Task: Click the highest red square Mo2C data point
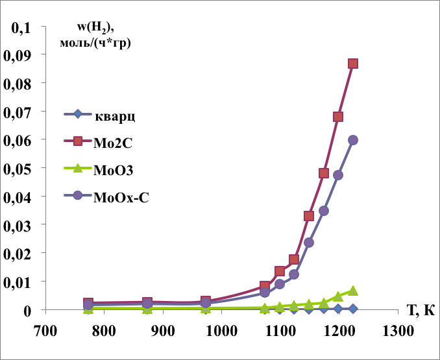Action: (x=353, y=64)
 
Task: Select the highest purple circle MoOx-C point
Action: (x=353, y=140)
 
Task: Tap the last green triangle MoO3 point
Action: (x=353, y=291)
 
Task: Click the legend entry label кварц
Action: (x=115, y=117)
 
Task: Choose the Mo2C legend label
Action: (x=113, y=143)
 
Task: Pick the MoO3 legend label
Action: (x=114, y=170)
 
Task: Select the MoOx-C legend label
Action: (x=121, y=197)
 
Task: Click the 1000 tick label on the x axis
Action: (x=222, y=331)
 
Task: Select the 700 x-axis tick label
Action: (x=45, y=331)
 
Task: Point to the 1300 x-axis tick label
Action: (x=398, y=331)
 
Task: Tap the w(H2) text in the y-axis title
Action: (x=95, y=28)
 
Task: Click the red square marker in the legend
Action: (x=78, y=141)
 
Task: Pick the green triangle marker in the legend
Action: (x=78, y=168)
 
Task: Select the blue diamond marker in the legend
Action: (x=78, y=114)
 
